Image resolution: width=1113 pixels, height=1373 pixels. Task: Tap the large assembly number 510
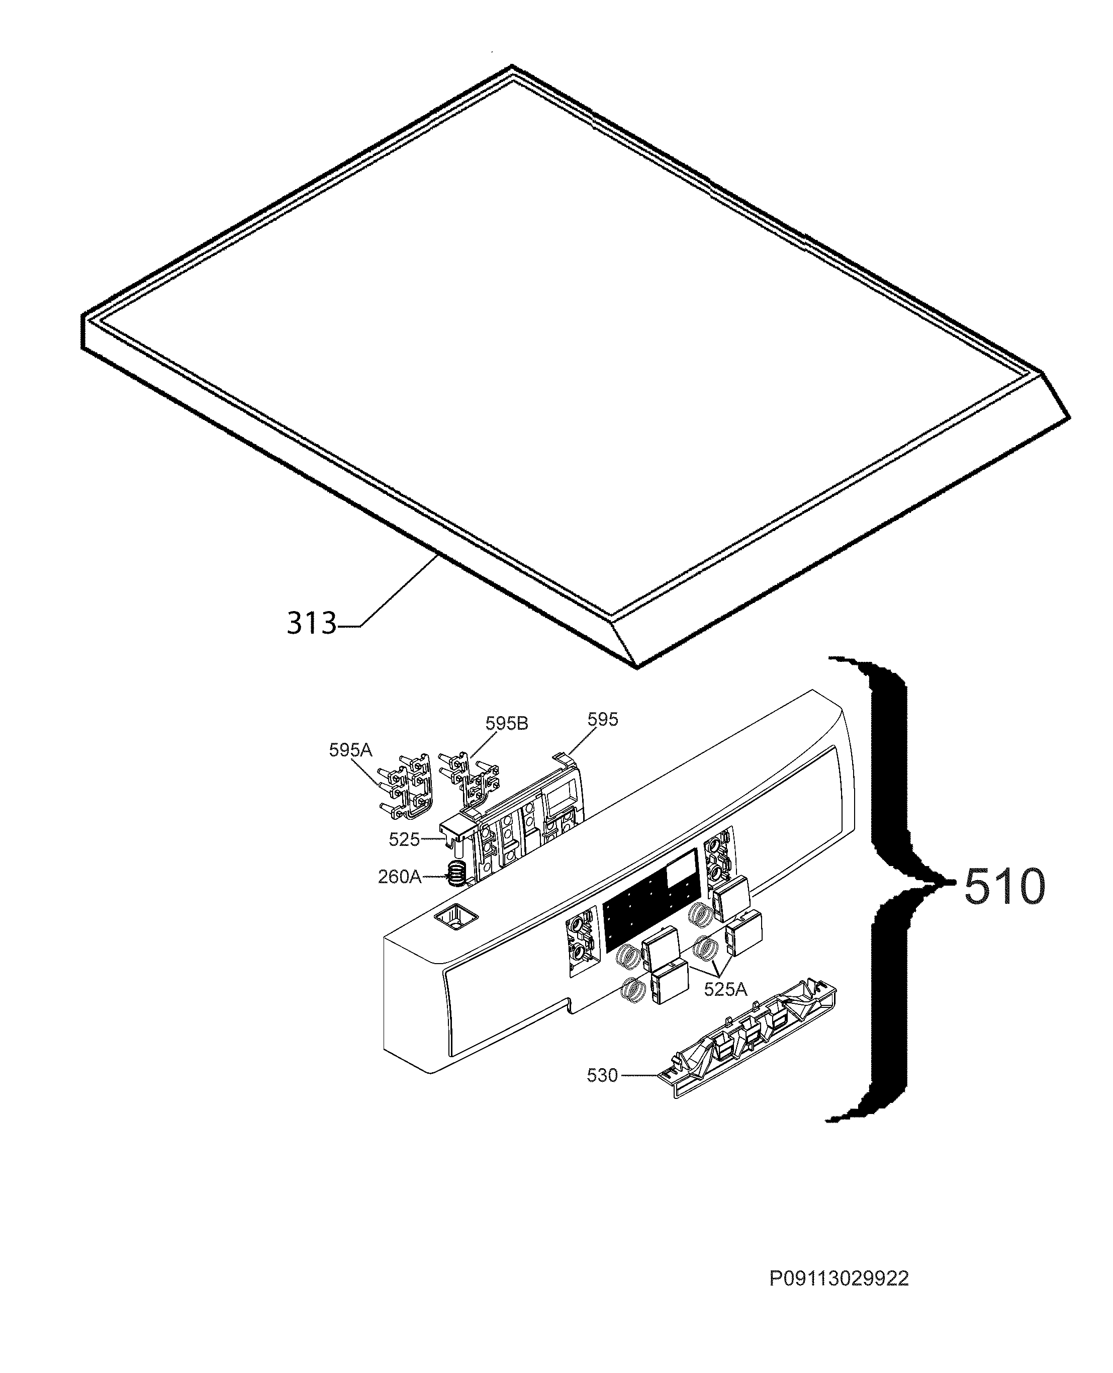[x=1003, y=887]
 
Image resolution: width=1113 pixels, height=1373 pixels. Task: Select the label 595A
[x=351, y=750]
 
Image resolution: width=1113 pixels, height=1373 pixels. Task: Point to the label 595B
[x=507, y=723]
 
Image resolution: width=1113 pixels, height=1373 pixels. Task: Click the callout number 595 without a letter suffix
[x=603, y=720]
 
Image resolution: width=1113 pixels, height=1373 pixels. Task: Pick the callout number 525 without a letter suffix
[x=404, y=839]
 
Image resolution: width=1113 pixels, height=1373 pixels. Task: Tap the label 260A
[x=400, y=877]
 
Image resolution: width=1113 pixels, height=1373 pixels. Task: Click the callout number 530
[x=602, y=1075]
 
